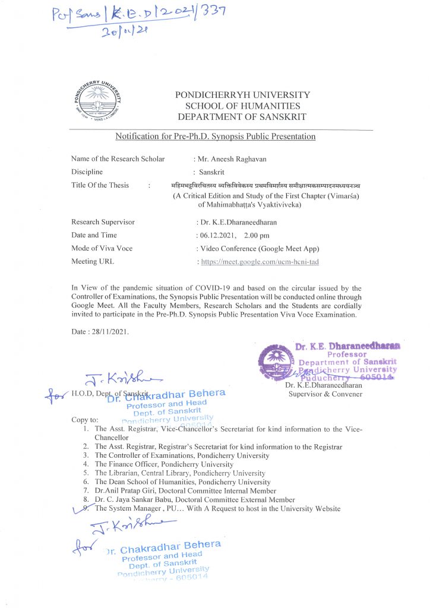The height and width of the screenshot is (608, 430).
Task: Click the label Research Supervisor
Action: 103,222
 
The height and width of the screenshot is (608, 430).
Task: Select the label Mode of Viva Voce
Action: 102,248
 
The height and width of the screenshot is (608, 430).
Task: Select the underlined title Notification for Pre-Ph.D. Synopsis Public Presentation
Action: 215,137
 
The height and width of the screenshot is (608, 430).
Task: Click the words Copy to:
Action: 84,420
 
